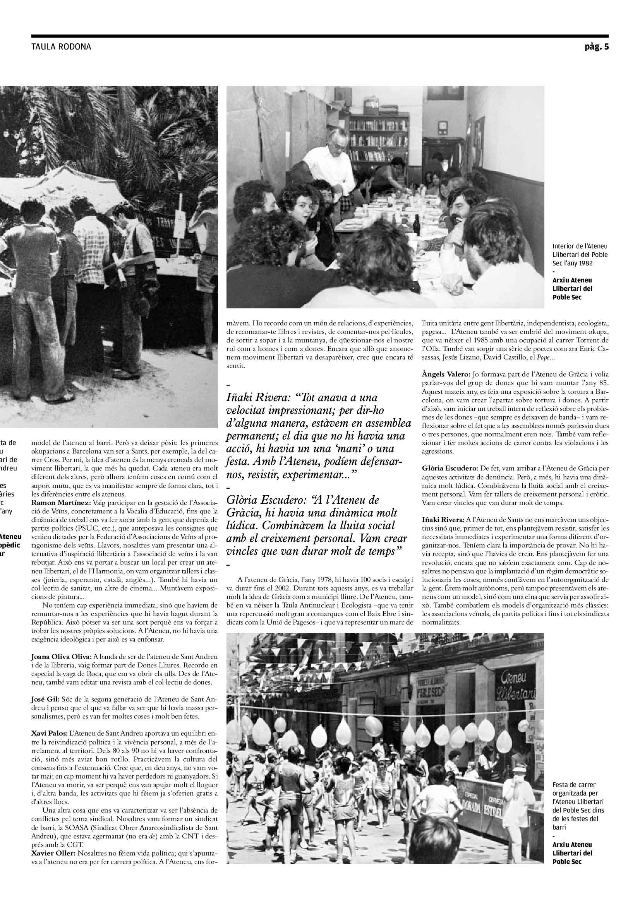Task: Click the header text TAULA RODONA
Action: click(61, 47)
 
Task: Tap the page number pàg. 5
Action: click(597, 47)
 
